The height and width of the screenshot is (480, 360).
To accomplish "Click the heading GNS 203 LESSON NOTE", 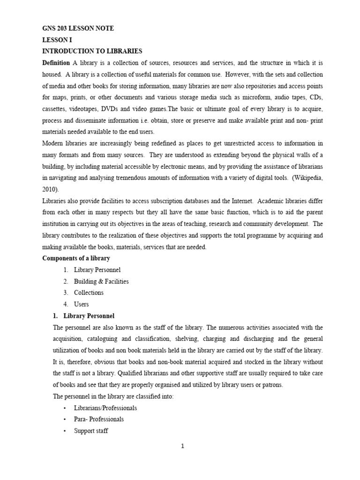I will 78,29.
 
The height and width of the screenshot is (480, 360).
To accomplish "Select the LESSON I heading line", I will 57,40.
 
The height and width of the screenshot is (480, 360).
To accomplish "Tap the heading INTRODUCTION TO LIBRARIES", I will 92,51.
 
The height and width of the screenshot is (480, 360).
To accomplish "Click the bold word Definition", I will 56,63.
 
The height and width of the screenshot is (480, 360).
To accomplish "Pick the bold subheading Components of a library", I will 76,258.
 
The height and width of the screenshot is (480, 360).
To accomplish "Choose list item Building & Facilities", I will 101,281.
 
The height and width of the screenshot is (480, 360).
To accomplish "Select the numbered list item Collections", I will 89,292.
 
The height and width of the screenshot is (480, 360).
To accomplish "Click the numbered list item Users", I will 81,304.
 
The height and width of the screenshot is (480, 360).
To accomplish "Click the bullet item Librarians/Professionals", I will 105,408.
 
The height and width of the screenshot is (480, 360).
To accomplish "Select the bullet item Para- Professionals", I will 99,419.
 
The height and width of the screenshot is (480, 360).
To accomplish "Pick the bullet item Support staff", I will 91,430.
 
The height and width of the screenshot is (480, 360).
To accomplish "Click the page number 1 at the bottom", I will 183,446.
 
